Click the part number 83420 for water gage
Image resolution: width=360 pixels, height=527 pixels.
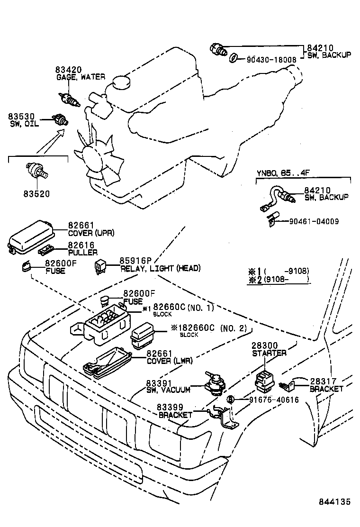[68, 70]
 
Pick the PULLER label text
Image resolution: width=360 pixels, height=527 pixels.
[82, 253]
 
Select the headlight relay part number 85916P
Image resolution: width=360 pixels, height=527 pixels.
[135, 261]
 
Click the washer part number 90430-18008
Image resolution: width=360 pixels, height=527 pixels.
[271, 60]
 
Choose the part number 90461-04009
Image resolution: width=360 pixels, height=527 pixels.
[314, 221]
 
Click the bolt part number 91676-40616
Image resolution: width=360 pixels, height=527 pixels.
[274, 400]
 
